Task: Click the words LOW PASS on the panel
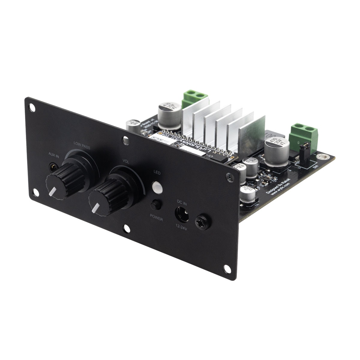click(x=82, y=146)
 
